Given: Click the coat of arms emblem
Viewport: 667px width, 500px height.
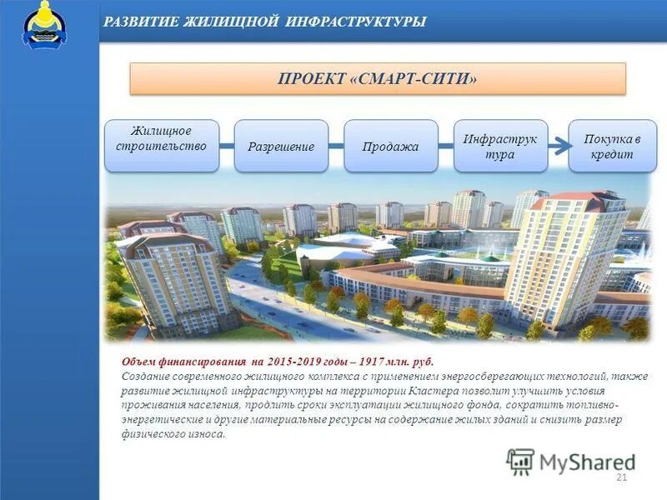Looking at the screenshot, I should pyautogui.click(x=44, y=26).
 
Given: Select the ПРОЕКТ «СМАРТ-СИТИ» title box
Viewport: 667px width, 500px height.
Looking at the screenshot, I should pyautogui.click(x=377, y=78).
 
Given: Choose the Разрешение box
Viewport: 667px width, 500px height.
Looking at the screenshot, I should pyautogui.click(x=281, y=146).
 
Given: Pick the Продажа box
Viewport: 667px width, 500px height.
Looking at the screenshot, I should pyautogui.click(x=390, y=146).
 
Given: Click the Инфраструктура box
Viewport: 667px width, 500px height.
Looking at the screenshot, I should pyautogui.click(x=500, y=146).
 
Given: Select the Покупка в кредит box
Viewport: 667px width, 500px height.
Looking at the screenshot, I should pyautogui.click(x=612, y=146).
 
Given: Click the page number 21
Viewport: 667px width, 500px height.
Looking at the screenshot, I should pyautogui.click(x=620, y=477).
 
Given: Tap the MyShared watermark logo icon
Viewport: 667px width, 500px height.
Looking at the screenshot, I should pyautogui.click(x=520, y=462).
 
